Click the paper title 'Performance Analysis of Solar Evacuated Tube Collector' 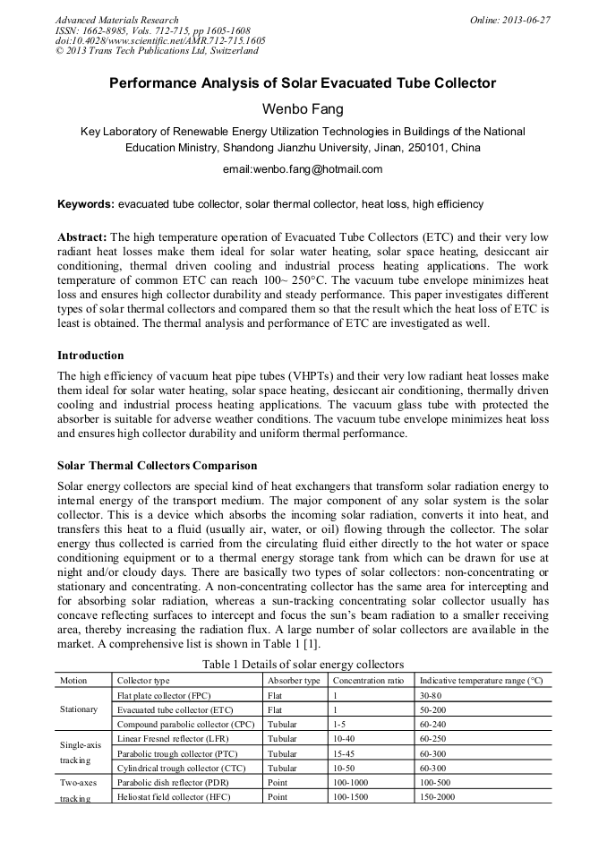coord(303,83)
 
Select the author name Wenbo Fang coord(303,108)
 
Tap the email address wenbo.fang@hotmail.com coord(303,168)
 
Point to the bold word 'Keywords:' coord(86,204)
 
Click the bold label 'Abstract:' coord(82,237)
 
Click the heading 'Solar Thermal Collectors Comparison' coord(157,466)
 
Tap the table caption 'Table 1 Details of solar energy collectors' coord(303,664)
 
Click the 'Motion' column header coord(73,681)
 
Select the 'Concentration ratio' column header coord(369,681)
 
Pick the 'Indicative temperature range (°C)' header coord(481,681)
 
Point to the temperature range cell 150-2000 coord(439,796)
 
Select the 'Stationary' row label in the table coord(79,709)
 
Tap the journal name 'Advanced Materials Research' coord(116,20)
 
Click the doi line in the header coord(159,40)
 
